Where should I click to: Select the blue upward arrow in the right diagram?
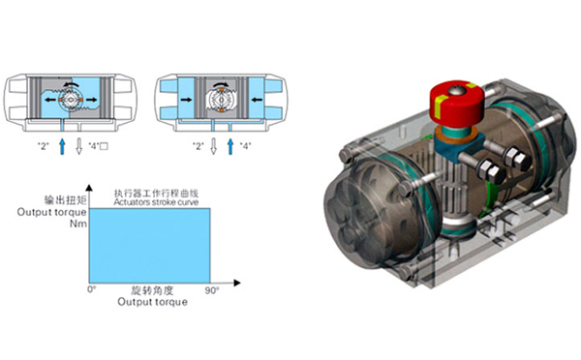coord(229,145)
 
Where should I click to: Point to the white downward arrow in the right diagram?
coord(214,145)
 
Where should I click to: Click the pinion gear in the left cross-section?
coord(72,100)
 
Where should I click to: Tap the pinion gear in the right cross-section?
coord(221,100)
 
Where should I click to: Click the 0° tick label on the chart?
coord(92,289)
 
